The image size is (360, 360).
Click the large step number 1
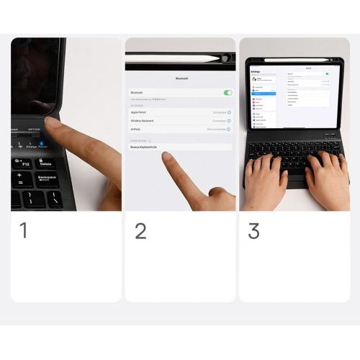tap(24, 230)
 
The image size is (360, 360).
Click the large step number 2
tap(140, 230)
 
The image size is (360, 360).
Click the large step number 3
tap(253, 230)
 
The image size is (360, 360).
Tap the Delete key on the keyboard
tap(45, 163)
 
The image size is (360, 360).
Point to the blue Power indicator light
tap(42, 142)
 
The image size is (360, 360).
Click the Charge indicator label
tap(31, 147)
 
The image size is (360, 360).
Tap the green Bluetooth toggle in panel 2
tap(228, 93)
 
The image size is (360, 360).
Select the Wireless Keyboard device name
tap(143, 121)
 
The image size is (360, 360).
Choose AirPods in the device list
tap(136, 130)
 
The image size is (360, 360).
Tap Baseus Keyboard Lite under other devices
tap(145, 147)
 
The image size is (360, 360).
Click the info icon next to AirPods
tap(229, 130)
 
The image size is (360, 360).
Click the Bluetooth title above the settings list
tap(181, 78)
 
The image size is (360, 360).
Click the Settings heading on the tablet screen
tap(256, 72)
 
